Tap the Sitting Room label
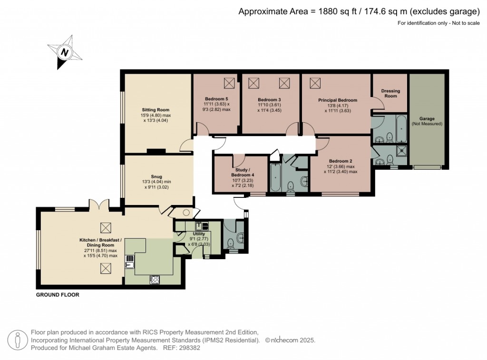click(x=156, y=110)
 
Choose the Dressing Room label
click(x=390, y=93)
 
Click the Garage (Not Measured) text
click(x=427, y=121)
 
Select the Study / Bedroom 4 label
click(x=239, y=171)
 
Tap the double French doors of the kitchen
click(x=99, y=205)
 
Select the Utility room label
click(x=199, y=234)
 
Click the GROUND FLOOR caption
click(x=58, y=295)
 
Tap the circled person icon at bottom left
click(x=18, y=340)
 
